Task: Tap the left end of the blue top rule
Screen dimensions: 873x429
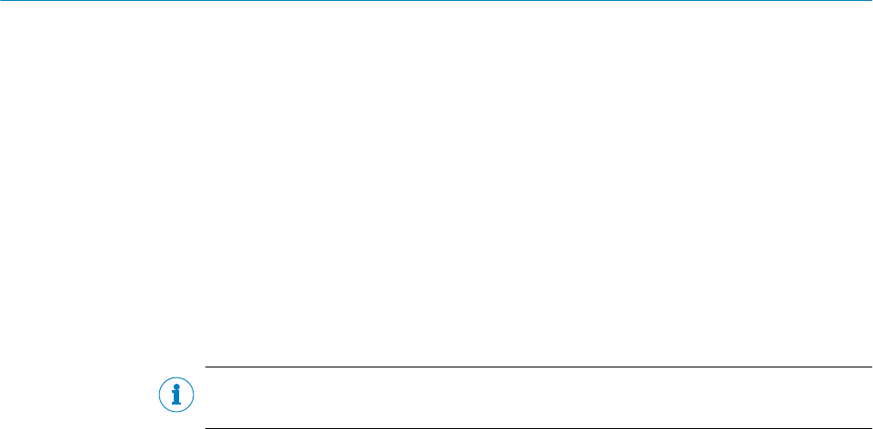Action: [x=1, y=1]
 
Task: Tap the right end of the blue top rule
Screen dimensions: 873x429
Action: [x=871, y=1]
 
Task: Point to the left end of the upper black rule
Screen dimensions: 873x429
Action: [x=206, y=367]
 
